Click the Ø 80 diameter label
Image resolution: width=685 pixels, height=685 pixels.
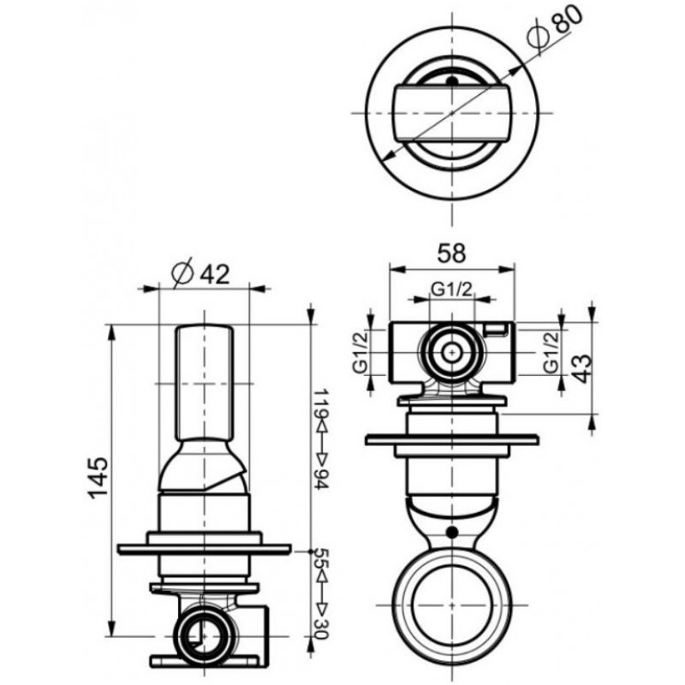pos(555,28)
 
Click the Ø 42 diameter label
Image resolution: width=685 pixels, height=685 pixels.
pos(200,274)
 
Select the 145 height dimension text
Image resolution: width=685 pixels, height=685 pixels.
pos(98,478)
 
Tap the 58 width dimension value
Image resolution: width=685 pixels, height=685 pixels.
pos(452,253)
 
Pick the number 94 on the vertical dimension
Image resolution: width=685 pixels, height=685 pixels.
pos(321,480)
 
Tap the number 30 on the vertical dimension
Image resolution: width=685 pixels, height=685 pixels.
pos(321,628)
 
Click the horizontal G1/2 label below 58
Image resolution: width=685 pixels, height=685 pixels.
pos(452,289)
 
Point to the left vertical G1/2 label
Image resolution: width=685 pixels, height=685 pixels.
pos(360,352)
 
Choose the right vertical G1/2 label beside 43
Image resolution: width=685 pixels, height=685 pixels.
pos(551,352)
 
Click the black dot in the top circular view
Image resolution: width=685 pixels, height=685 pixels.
pos(453,81)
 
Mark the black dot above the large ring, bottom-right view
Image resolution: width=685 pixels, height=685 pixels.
pos(452,532)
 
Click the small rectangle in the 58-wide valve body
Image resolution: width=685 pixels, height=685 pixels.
pos(496,330)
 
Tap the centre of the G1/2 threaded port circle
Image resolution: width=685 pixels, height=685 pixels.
pos(452,352)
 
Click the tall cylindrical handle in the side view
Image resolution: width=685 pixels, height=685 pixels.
pos(205,383)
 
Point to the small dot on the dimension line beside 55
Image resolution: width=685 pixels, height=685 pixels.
pos(310,551)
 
